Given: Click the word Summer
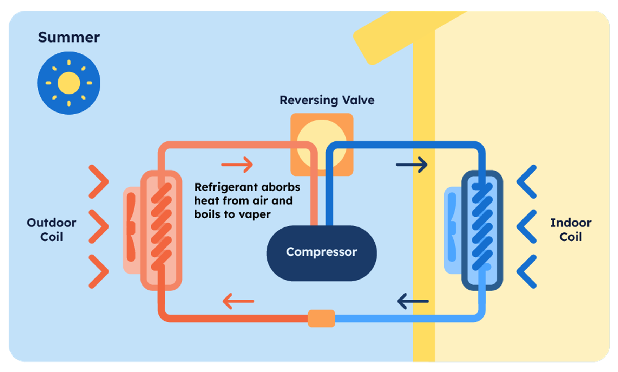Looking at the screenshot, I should (x=69, y=37).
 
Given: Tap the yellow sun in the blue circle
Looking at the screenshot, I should (x=69, y=83).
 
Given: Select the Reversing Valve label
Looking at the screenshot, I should (x=327, y=100).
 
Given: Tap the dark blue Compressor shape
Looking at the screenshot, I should (x=321, y=253).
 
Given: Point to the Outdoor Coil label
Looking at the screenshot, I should (x=52, y=230).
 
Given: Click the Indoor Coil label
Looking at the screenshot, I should (x=571, y=230).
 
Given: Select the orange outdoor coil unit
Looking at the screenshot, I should (x=162, y=230).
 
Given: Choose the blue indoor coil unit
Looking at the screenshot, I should (x=482, y=230).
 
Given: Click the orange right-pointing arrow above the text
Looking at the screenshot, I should (x=237, y=165).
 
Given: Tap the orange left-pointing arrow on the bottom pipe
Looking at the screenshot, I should (x=238, y=301).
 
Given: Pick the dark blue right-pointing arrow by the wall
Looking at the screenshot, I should (x=412, y=165).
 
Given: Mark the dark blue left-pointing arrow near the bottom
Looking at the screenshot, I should (x=413, y=301).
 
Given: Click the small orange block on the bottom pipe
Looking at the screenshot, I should (x=321, y=319).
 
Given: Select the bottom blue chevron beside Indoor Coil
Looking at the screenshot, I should (x=527, y=271).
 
